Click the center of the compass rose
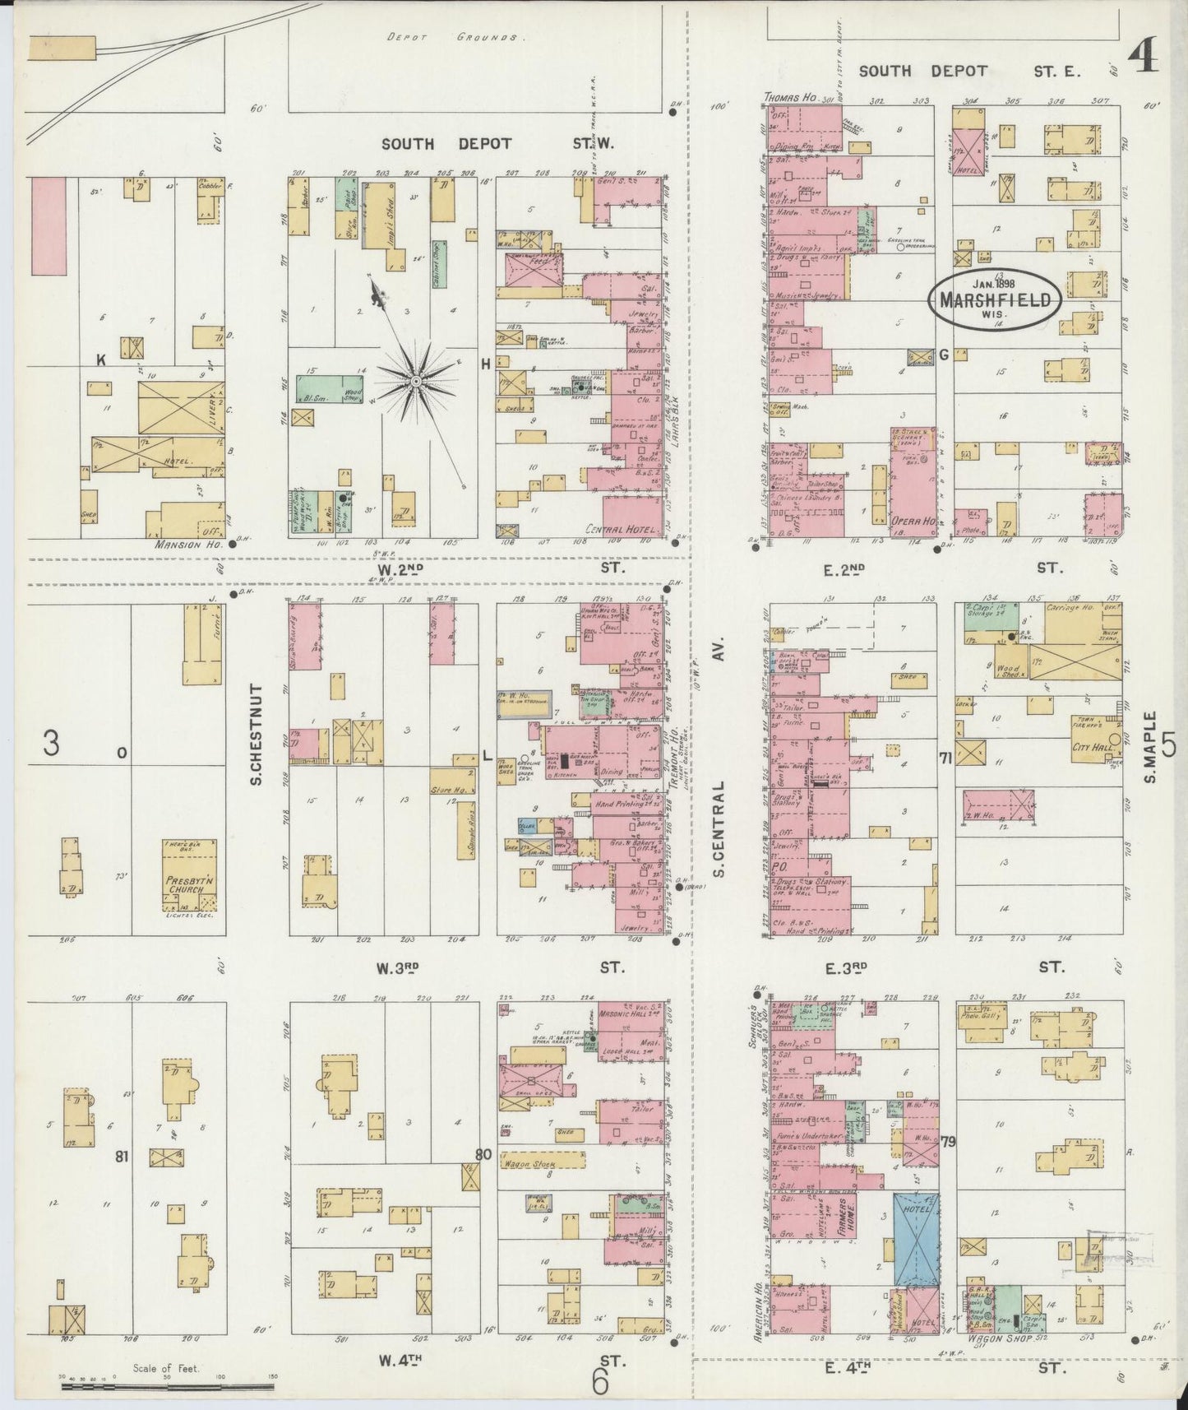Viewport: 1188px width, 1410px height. pyautogui.click(x=416, y=382)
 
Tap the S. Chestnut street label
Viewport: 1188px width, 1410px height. pyautogui.click(x=257, y=734)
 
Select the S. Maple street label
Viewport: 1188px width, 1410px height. pyautogui.click(x=1149, y=747)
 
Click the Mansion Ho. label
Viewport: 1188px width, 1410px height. pyautogui.click(x=181, y=544)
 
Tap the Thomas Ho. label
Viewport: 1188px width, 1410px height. pyautogui.click(x=789, y=98)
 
